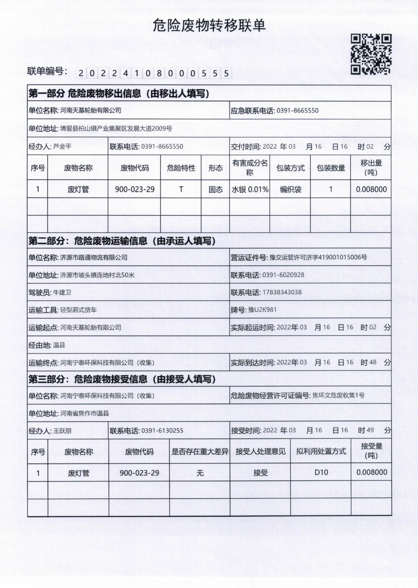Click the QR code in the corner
click(371, 54)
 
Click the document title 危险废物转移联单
click(209, 26)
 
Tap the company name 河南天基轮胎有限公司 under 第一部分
click(91, 110)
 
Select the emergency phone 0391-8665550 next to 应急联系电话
click(297, 111)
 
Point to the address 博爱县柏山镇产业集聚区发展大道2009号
click(116, 129)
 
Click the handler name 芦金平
click(62, 146)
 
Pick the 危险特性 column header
click(181, 168)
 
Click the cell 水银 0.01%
click(250, 189)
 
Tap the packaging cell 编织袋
click(290, 189)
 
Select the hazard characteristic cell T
click(181, 189)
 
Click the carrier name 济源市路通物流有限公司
click(94, 257)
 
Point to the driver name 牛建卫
click(62, 293)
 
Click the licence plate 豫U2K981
click(262, 310)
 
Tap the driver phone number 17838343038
click(282, 293)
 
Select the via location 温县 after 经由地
click(59, 345)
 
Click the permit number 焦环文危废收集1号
click(338, 395)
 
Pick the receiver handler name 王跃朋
click(62, 431)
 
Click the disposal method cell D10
click(321, 473)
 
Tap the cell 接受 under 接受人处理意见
click(260, 473)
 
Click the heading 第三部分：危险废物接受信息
click(122, 379)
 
